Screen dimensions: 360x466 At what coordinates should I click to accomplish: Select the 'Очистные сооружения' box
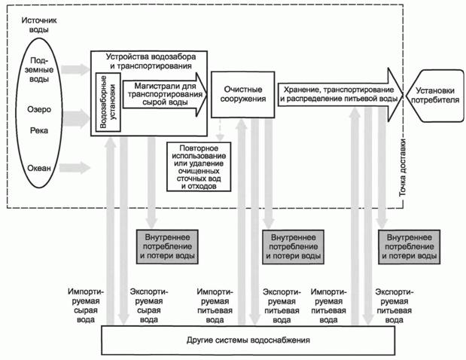click(x=241, y=96)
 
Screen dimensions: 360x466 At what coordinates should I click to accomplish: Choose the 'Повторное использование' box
click(x=199, y=166)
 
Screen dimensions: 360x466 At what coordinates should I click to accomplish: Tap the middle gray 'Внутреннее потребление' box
click(x=291, y=246)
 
